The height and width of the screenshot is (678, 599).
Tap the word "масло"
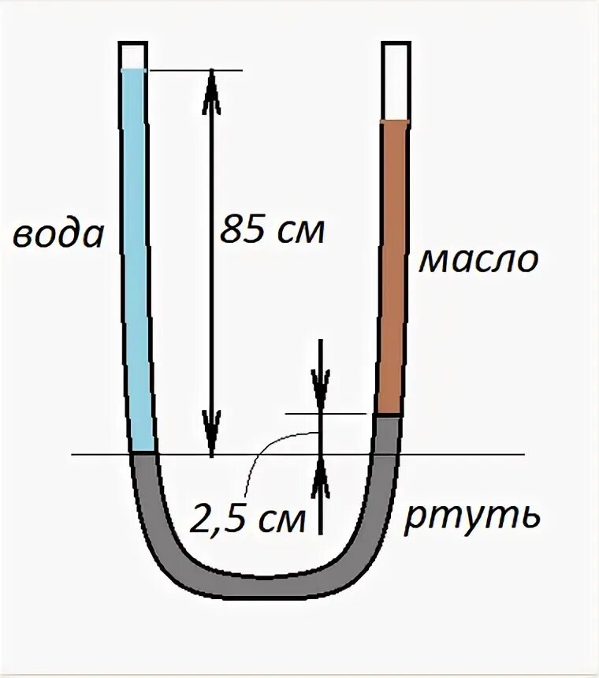tap(478, 259)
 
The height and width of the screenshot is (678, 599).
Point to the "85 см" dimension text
tap(272, 230)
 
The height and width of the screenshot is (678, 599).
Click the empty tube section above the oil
tap(395, 80)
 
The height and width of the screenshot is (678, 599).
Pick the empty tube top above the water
tap(132, 55)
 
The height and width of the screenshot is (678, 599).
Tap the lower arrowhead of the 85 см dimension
tap(211, 441)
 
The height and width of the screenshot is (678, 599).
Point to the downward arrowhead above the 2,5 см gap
tap(321, 398)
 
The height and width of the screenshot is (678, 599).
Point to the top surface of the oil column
tap(395, 121)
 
